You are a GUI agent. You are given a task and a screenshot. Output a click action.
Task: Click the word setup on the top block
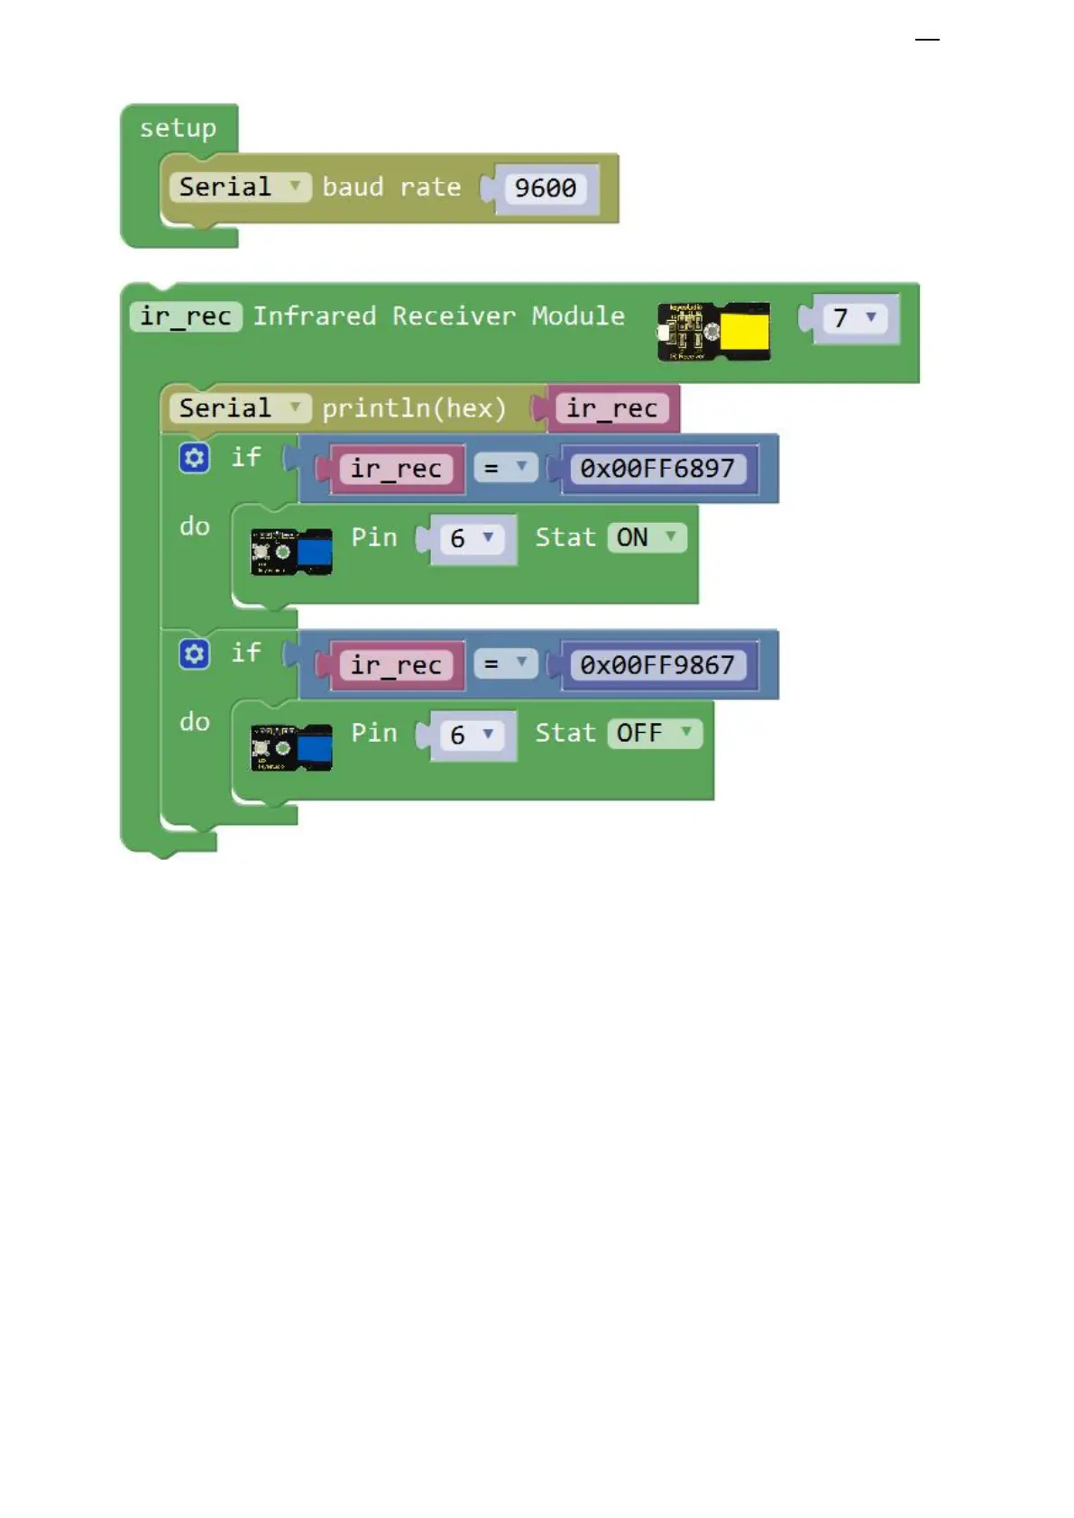pos(178,128)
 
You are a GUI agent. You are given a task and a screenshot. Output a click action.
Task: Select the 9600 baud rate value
pos(545,188)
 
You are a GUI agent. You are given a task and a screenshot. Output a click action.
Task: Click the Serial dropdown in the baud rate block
pos(239,187)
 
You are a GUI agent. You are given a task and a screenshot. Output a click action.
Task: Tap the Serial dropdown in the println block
pos(239,408)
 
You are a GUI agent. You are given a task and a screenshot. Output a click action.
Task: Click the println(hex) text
pos(414,408)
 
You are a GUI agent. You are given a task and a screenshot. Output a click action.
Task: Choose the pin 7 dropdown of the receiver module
pos(854,317)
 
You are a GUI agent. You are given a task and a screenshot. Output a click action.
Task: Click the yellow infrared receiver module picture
pos(714,332)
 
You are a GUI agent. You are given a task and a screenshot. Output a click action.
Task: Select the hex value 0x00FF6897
pos(656,469)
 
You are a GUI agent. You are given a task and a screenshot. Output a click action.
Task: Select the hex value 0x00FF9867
pos(656,665)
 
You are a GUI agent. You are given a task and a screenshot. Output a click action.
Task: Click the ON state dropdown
pos(646,537)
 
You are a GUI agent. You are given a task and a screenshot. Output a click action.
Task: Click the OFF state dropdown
pos(654,733)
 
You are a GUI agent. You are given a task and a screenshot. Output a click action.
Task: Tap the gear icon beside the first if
pos(194,458)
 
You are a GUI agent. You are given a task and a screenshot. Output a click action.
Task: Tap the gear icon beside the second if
pos(194,654)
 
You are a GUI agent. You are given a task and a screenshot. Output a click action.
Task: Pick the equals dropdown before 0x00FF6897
pos(505,468)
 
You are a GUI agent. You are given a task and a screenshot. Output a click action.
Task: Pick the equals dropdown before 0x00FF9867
pos(505,664)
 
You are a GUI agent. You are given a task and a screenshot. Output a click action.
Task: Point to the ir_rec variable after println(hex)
pos(611,408)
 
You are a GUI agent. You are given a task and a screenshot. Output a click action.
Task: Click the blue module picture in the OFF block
pos(291,748)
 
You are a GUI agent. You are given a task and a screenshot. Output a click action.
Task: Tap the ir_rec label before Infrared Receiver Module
pos(186,316)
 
